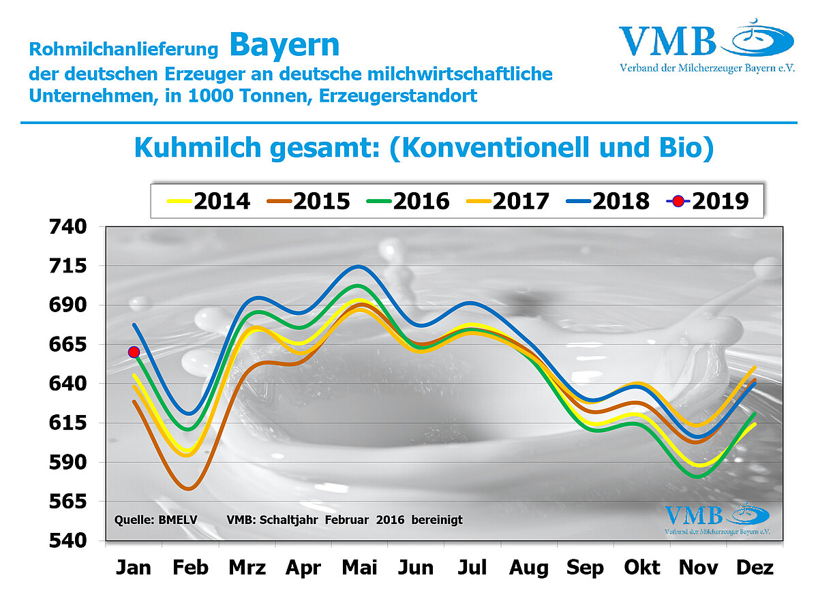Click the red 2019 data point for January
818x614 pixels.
(134, 352)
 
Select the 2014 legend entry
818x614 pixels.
(209, 201)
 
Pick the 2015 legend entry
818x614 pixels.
(309, 201)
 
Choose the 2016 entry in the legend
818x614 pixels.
(408, 201)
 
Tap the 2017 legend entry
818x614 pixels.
(508, 201)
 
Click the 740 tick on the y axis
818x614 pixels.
(68, 226)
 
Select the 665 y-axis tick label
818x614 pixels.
(68, 345)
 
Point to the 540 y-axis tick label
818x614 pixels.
(68, 541)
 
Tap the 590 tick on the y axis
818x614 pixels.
(68, 463)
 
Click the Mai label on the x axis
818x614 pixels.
(359, 568)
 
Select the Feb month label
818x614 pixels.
(191, 568)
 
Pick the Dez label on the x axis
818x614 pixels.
(755, 568)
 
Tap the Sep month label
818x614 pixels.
(586, 568)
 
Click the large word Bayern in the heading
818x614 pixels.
(284, 45)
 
